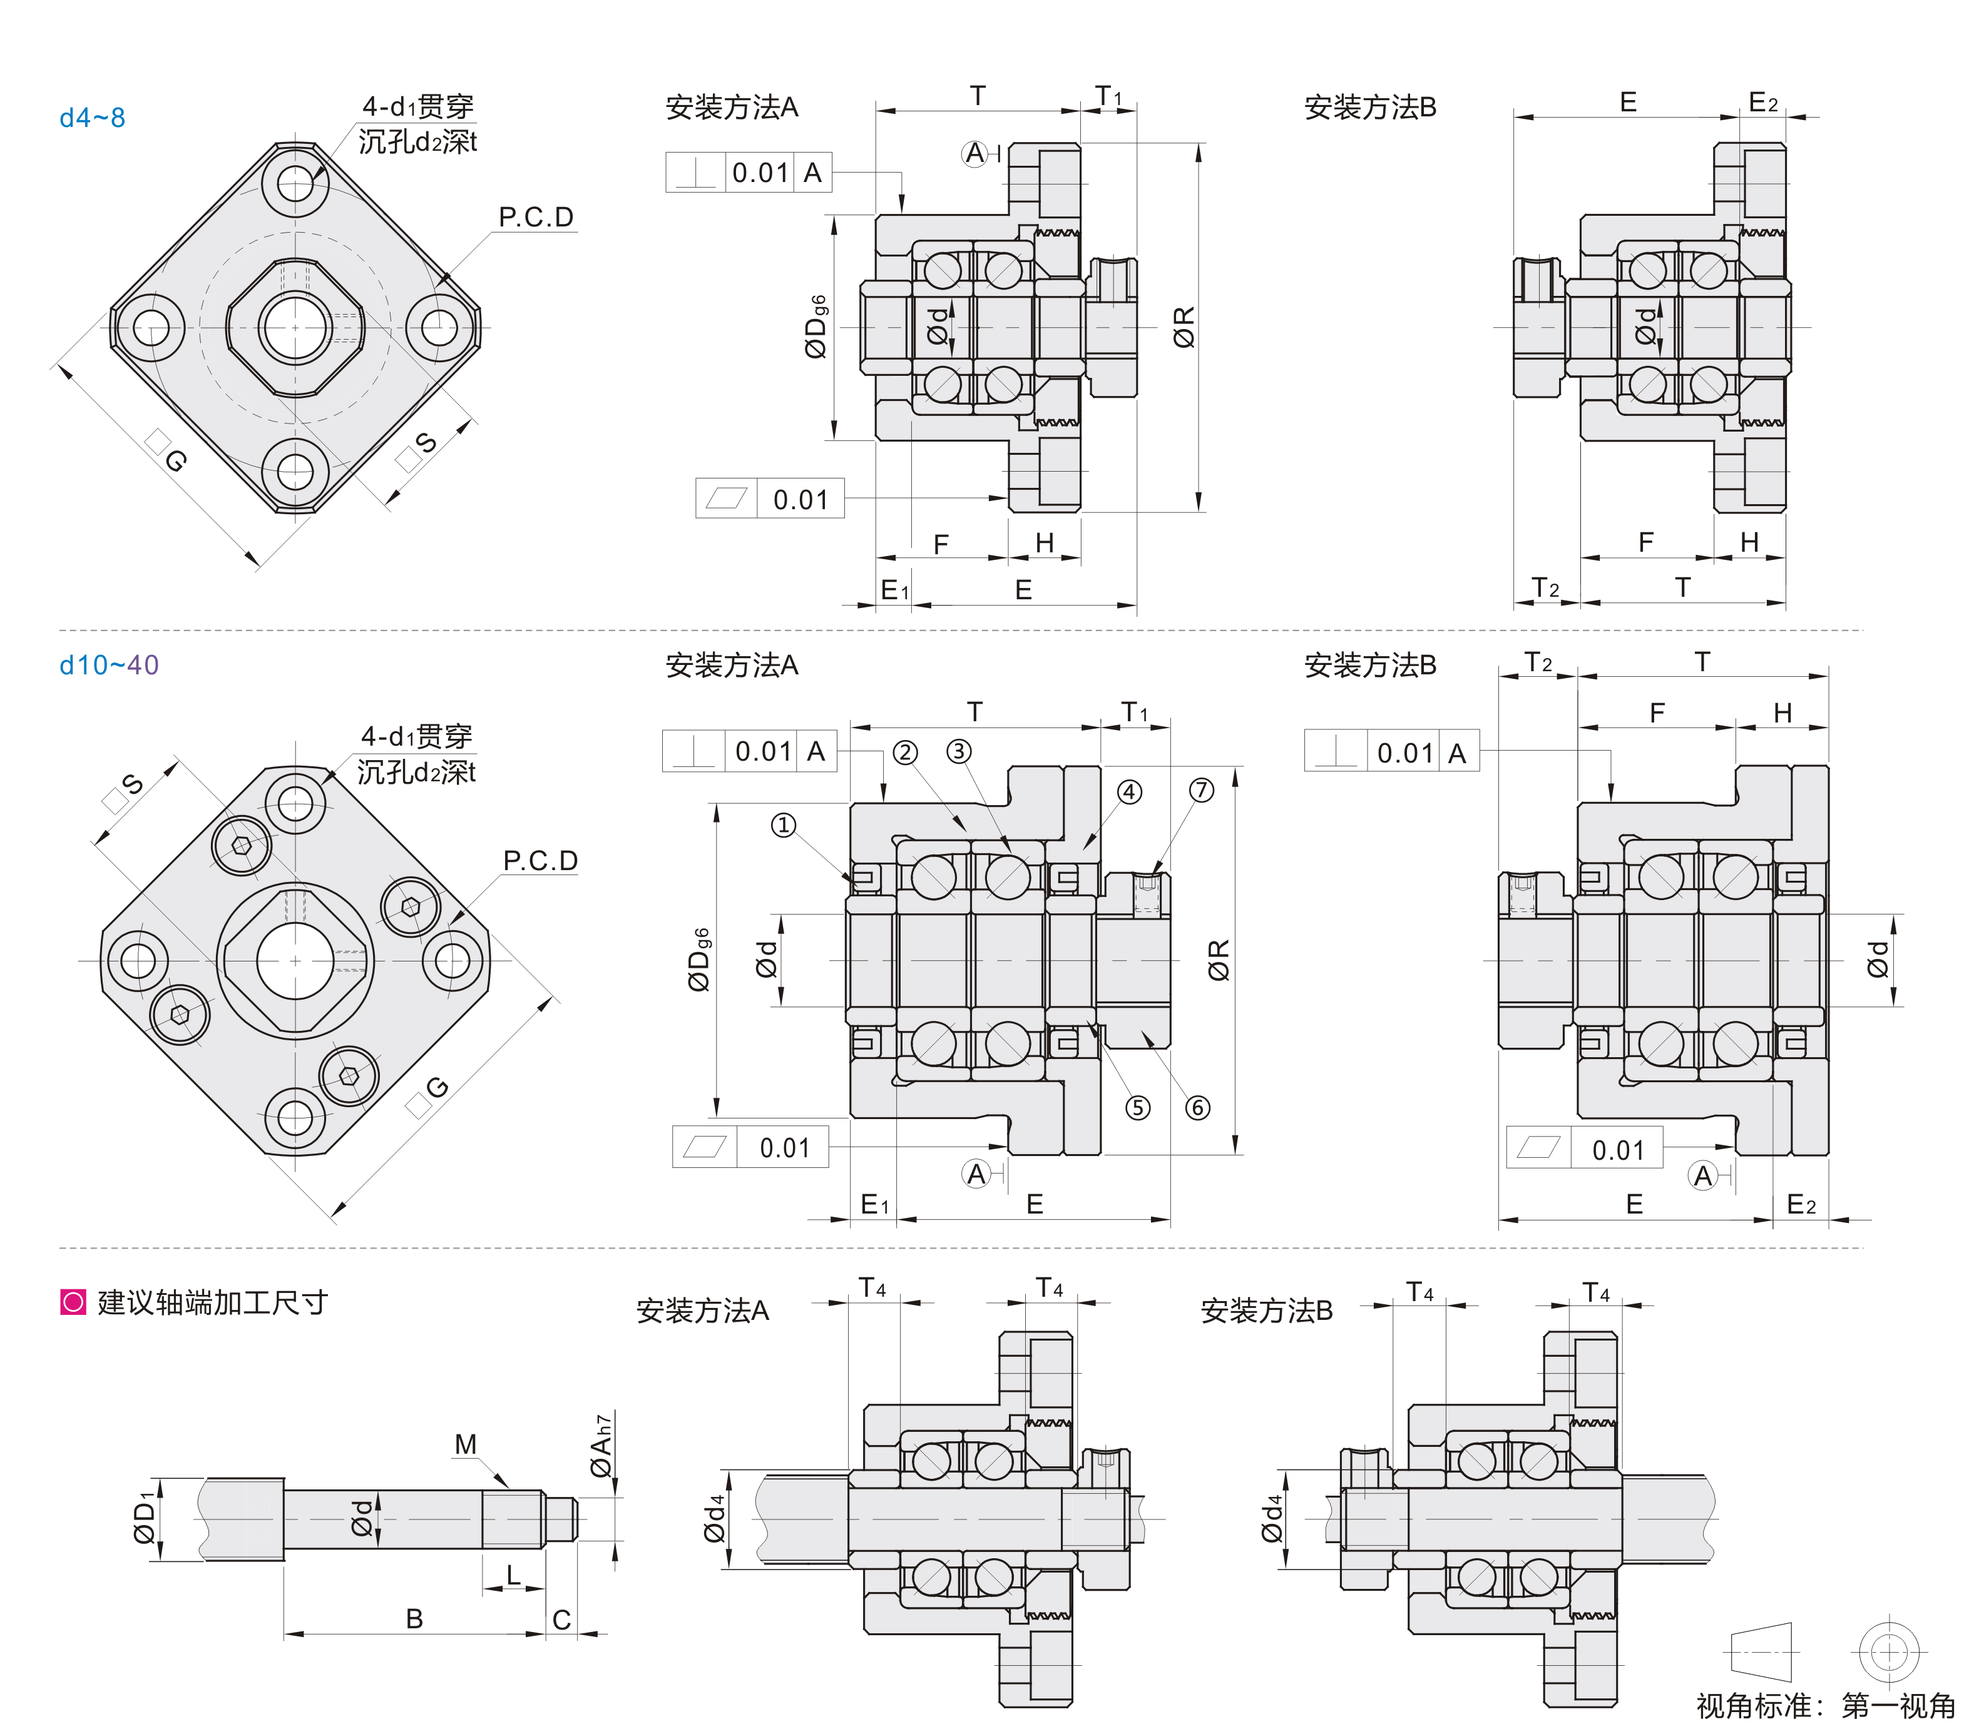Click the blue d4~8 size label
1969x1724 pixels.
(93, 118)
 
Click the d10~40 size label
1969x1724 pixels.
(109, 665)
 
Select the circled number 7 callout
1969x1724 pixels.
(1201, 790)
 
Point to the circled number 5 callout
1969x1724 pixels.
(1137, 1107)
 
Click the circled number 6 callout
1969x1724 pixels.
(1197, 1107)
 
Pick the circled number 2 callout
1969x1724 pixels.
(904, 753)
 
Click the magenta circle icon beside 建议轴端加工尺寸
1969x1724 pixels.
(73, 1302)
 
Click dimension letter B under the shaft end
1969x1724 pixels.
(414, 1618)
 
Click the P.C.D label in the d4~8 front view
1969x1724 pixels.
(536, 218)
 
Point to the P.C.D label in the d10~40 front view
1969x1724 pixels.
(540, 860)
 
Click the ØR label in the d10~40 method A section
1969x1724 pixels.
(1219, 960)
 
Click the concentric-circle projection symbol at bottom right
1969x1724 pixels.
(1888, 1653)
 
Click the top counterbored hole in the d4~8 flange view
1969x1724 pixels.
(295, 183)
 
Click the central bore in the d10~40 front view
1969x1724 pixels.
(295, 960)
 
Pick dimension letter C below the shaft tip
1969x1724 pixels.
(561, 1620)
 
